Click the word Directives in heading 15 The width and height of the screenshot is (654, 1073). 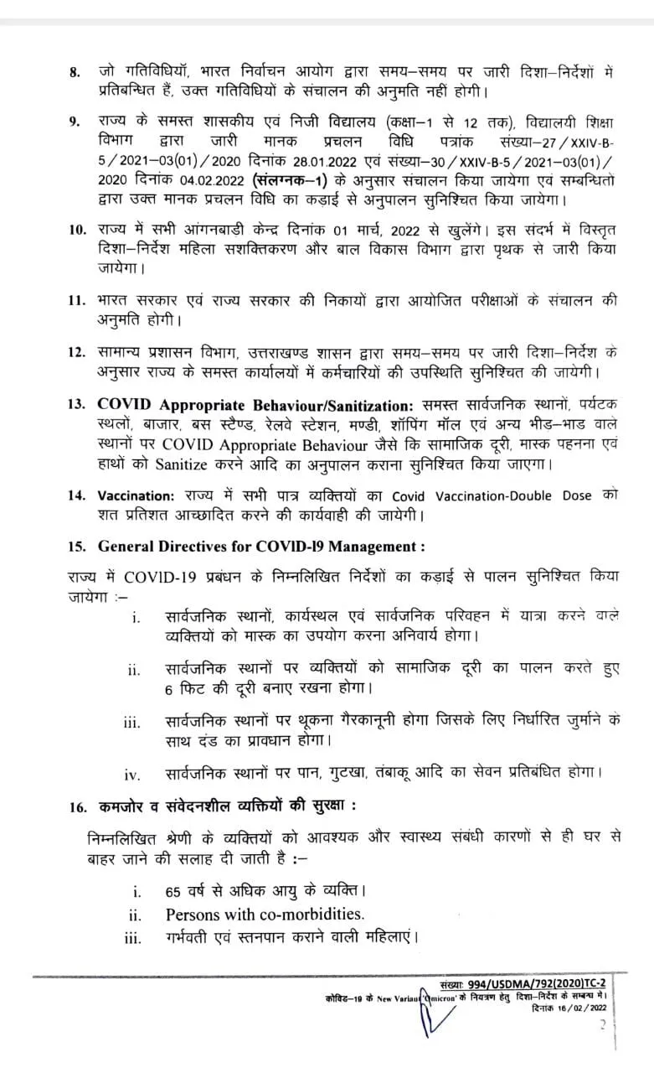pos(196,547)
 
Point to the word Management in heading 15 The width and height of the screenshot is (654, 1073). pos(373,547)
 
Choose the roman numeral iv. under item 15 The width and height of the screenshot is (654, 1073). pos(134,772)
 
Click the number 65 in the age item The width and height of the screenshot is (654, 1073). pos(174,889)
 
